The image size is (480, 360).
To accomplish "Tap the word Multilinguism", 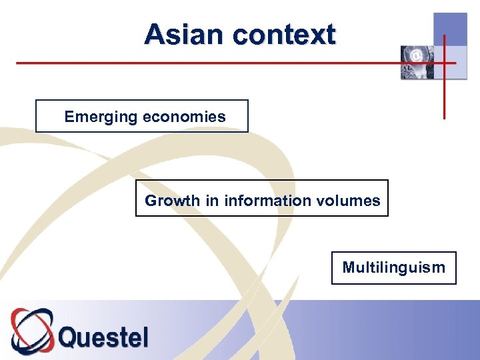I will coord(393,267).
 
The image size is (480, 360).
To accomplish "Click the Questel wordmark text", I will coord(103,336).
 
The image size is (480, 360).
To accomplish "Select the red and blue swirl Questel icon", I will coord(32,331).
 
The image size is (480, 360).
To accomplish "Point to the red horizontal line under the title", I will coord(200,63).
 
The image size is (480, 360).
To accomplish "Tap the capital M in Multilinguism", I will coord(349,267).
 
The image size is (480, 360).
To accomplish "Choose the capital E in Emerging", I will coord(69,117).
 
